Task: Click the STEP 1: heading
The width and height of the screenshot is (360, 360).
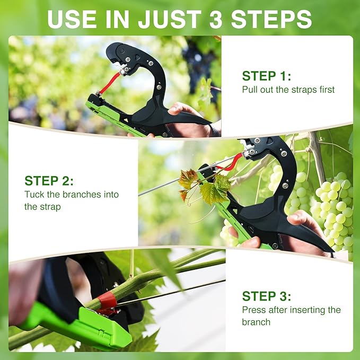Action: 267,76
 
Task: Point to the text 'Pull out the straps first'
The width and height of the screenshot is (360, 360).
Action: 288,90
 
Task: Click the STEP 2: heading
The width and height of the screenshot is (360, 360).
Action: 49,181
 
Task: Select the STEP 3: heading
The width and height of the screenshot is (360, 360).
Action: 267,296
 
